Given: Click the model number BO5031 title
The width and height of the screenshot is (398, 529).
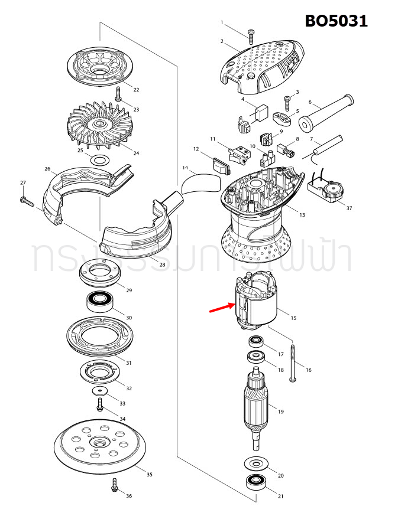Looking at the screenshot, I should [336, 21].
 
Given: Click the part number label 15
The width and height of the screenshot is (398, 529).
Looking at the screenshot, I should [293, 318].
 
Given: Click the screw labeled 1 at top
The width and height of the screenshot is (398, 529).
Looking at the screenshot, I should [251, 37].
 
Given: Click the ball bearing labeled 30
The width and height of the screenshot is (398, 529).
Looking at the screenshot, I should [101, 302].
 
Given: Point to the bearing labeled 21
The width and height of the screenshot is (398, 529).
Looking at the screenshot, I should [256, 482].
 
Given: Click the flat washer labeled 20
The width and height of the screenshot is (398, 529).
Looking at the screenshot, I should [256, 463].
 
